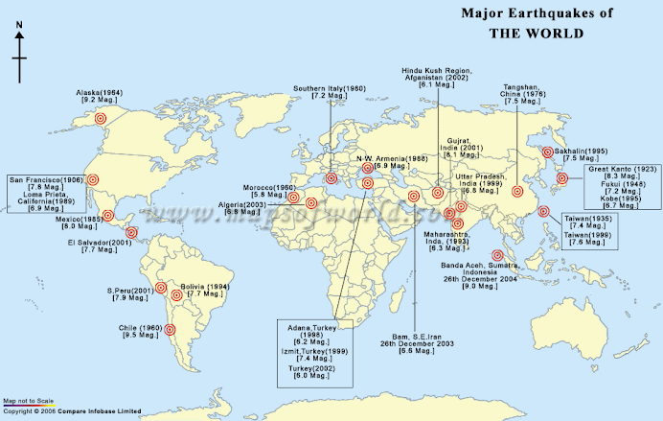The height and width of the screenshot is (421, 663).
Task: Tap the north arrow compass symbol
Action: point(19,58)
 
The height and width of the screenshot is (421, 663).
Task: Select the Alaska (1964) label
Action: point(99,95)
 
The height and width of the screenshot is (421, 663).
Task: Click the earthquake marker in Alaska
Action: point(101,118)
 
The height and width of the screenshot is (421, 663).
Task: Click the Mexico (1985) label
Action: point(80,222)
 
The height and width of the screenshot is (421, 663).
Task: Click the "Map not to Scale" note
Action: point(28,401)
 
